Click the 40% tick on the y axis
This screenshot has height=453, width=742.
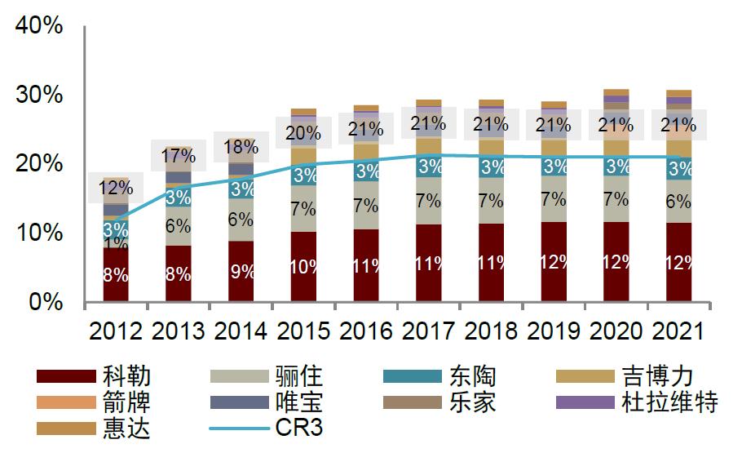click(39, 25)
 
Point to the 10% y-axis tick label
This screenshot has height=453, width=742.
click(39, 233)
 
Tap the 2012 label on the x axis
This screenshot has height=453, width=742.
click(116, 331)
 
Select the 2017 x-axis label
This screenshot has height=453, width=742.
click(428, 331)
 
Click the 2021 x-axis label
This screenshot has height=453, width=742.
click(678, 331)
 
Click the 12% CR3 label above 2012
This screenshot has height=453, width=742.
click(116, 189)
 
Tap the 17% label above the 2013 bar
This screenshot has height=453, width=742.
click(178, 155)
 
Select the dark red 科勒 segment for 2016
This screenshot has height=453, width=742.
click(365, 266)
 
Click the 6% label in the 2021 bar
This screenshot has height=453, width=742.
click(678, 202)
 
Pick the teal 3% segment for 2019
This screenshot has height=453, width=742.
click(553, 167)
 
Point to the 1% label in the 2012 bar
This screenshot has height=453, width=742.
click(116, 242)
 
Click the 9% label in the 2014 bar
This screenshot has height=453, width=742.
click(241, 272)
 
